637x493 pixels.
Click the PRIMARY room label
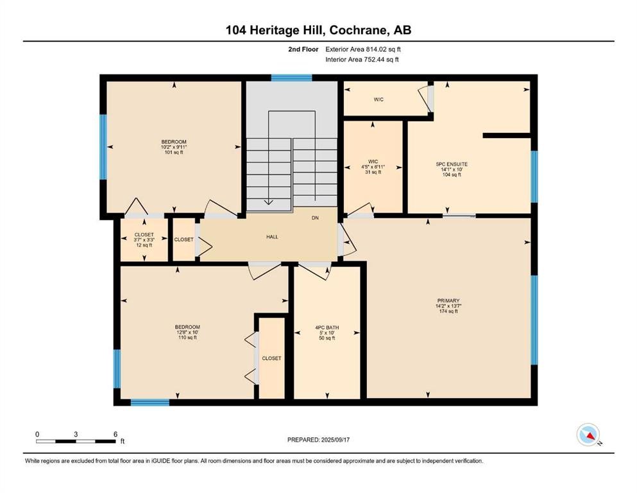(x=448, y=300)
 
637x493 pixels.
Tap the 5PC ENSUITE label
(x=452, y=164)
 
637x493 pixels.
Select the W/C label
(x=379, y=99)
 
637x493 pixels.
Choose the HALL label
(x=272, y=237)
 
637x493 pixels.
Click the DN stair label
(x=315, y=218)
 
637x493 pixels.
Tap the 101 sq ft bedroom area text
(x=173, y=153)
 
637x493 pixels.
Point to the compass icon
(x=588, y=435)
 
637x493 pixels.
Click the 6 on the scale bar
(x=115, y=434)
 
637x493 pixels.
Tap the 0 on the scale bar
(x=37, y=434)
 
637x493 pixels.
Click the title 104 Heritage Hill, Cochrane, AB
(x=318, y=30)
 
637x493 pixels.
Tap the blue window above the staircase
(x=291, y=78)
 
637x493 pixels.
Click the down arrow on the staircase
(x=269, y=200)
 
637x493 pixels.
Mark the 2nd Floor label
(x=304, y=49)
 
